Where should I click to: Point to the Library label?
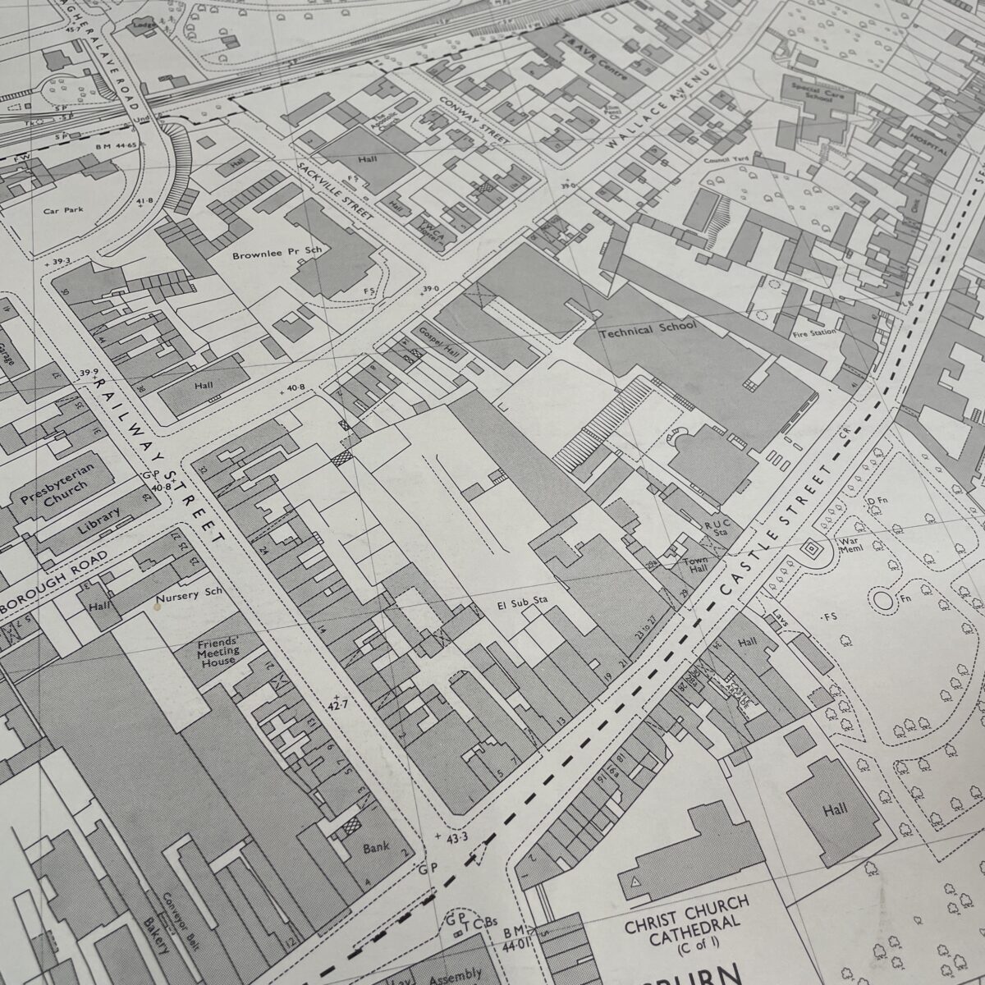coord(98,523)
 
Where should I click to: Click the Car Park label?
coord(62,211)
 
